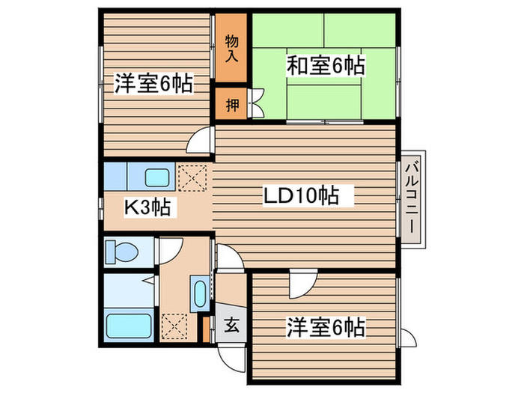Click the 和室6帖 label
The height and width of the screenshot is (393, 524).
tap(325, 67)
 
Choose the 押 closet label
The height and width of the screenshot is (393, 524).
tap(233, 104)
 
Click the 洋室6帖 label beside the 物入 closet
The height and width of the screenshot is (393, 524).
tap(153, 83)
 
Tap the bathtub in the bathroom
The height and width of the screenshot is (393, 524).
tap(128, 326)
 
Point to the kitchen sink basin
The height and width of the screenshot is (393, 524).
tap(158, 178)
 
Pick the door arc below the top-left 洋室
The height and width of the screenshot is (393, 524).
tap(201, 140)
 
